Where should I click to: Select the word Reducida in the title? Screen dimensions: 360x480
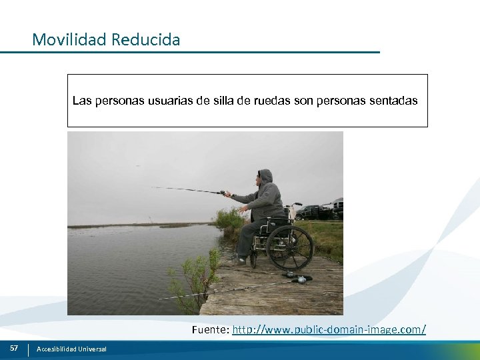tap(146, 40)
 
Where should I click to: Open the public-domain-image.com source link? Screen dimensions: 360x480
tap(329, 329)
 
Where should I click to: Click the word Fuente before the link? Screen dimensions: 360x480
tap(211, 329)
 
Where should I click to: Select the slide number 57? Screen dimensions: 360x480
tap(14, 348)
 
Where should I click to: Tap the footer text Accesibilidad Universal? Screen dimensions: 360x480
tap(71, 349)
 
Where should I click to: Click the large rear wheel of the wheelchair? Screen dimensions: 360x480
tap(289, 247)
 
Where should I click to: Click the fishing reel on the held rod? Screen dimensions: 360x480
tap(222, 193)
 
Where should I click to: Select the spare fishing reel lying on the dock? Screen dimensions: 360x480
tap(302, 279)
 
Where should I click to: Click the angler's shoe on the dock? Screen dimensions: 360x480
tap(239, 260)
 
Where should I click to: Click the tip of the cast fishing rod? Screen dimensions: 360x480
tap(153, 187)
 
